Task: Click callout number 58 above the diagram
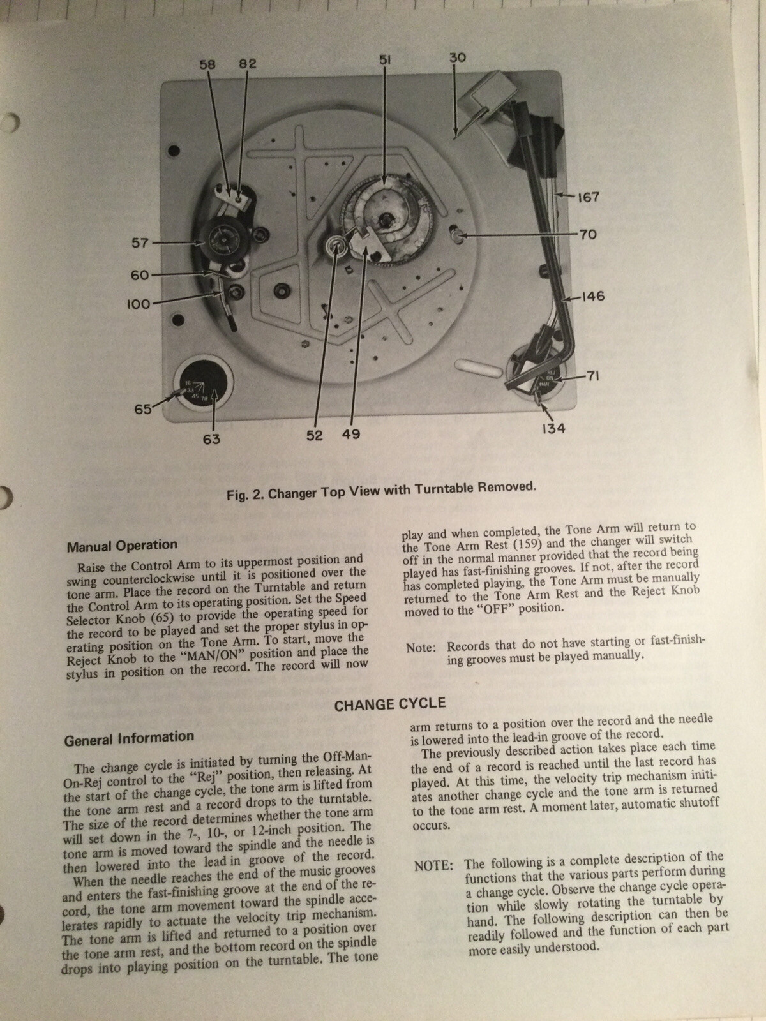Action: pos(208,64)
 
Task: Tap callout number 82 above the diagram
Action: pos(248,64)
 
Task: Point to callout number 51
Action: pos(385,59)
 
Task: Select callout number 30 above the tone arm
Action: pos(457,57)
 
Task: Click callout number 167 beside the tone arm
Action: pos(587,197)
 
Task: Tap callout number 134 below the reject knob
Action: pos(553,429)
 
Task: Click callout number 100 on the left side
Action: pos(138,304)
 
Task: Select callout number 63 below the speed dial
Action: pos(211,439)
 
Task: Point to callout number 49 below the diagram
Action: pos(350,435)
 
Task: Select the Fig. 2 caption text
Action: pos(381,489)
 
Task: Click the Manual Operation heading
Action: pos(122,546)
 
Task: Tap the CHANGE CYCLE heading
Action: pos(390,704)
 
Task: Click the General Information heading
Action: pos(129,738)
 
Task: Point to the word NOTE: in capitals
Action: pos(434,867)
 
